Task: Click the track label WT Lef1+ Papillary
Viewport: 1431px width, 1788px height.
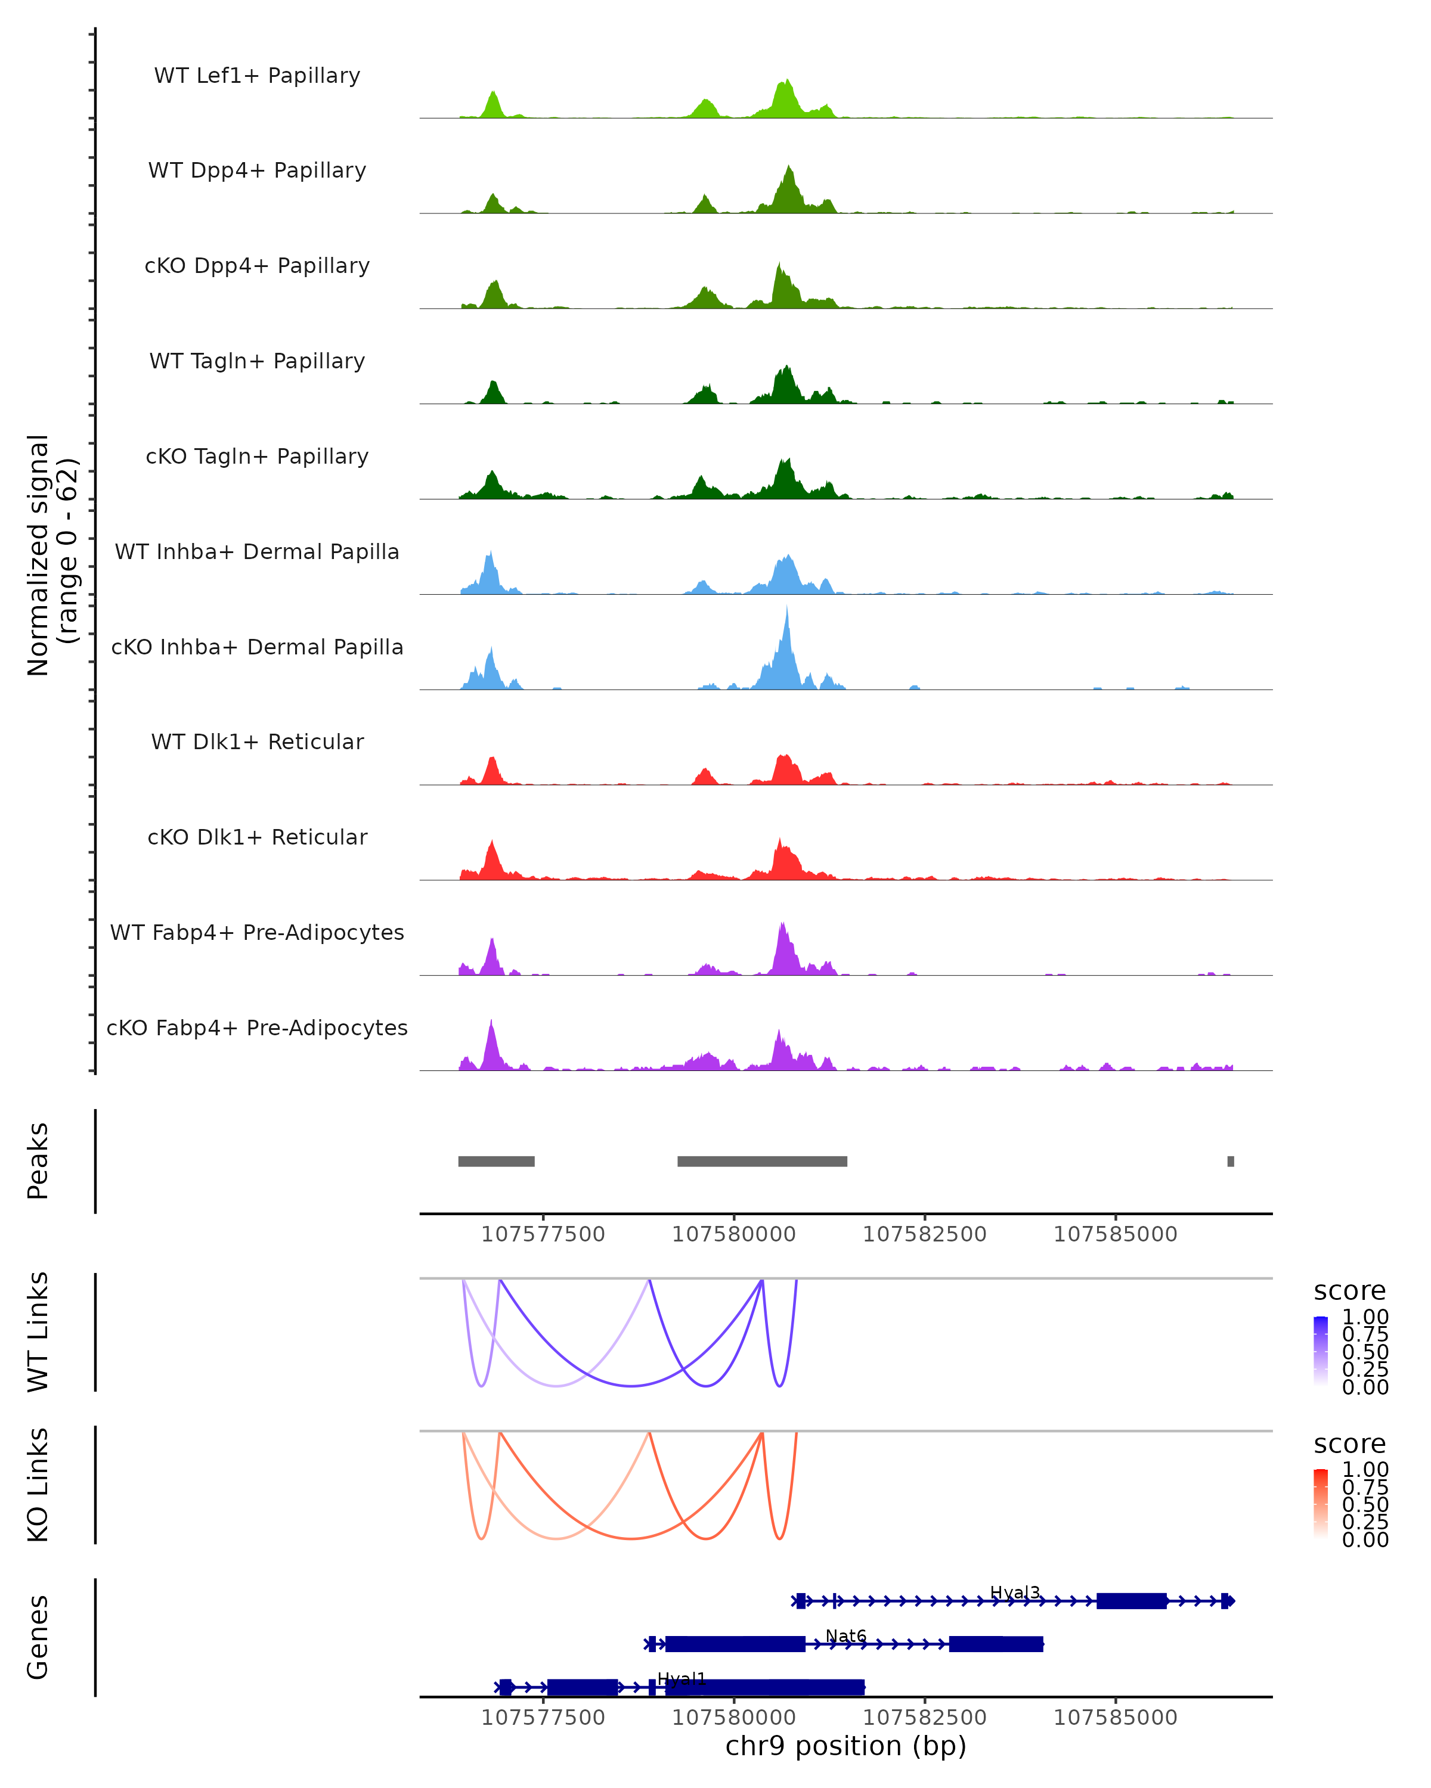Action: click(x=257, y=76)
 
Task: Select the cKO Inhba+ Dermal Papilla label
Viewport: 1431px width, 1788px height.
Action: click(x=257, y=647)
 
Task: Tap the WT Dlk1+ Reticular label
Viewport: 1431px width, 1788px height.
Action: click(x=257, y=741)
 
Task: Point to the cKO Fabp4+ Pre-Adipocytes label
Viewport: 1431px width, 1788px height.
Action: click(x=257, y=1028)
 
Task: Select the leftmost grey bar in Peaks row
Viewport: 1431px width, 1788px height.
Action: click(x=496, y=1161)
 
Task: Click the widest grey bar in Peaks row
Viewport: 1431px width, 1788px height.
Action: click(x=761, y=1161)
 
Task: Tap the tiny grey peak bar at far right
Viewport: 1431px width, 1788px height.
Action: click(x=1230, y=1161)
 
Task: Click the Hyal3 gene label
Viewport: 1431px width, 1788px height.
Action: click(x=1015, y=1593)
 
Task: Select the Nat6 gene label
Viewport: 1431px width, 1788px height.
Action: click(x=845, y=1636)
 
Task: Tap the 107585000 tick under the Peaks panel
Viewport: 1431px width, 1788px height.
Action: click(x=1115, y=1234)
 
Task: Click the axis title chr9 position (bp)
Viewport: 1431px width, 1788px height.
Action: click(x=845, y=1746)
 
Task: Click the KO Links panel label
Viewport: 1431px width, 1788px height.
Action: click(x=38, y=1485)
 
